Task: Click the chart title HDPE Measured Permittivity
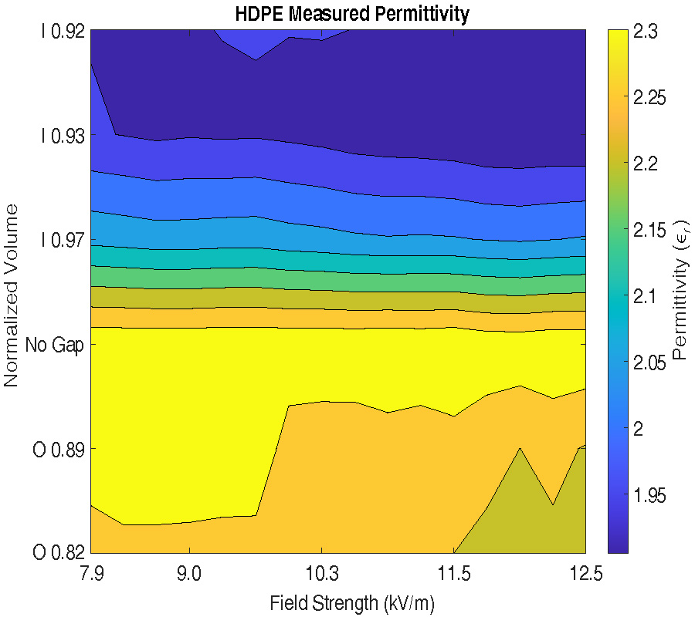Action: pyautogui.click(x=351, y=14)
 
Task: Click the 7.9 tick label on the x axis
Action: pyautogui.click(x=90, y=574)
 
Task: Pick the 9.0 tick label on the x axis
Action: pyautogui.click(x=189, y=574)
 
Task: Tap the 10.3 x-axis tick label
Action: pyautogui.click(x=321, y=574)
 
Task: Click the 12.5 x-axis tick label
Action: pyautogui.click(x=585, y=574)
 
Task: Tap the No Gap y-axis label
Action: pyautogui.click(x=53, y=344)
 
